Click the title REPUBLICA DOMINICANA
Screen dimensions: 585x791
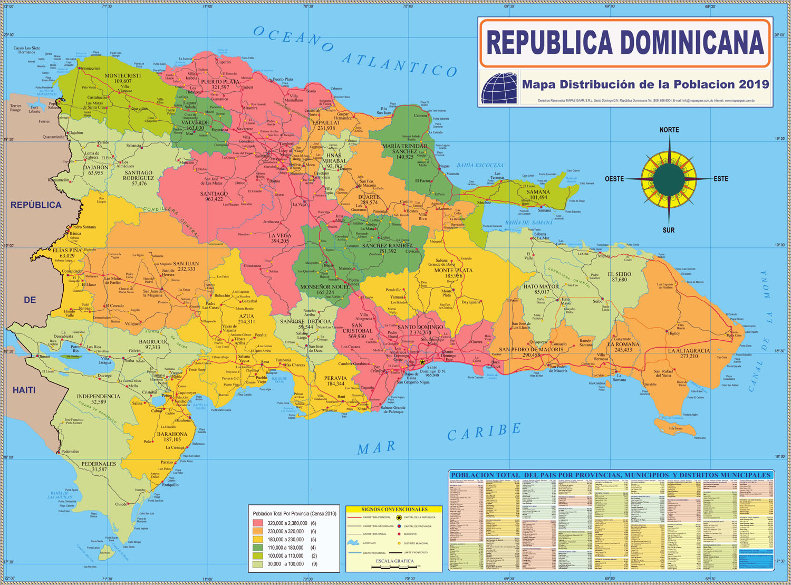click(624, 43)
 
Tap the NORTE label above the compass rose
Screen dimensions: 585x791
click(669, 130)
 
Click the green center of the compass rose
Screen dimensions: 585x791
click(669, 179)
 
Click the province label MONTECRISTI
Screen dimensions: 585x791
click(123, 75)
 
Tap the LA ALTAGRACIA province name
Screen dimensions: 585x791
click(689, 350)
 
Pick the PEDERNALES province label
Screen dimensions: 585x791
click(99, 464)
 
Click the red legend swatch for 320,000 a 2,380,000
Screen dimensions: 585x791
click(258, 523)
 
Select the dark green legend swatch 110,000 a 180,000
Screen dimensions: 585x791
click(258, 548)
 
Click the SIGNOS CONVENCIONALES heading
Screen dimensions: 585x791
click(394, 510)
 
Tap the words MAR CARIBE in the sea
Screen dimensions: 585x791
click(438, 439)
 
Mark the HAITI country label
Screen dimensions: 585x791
click(24, 390)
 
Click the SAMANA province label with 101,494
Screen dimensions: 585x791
click(538, 192)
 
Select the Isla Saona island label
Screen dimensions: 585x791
click(676, 428)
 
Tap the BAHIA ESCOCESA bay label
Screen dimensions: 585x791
click(480, 166)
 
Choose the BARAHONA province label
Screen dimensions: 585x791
click(172, 434)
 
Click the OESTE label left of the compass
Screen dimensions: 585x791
click(614, 179)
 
